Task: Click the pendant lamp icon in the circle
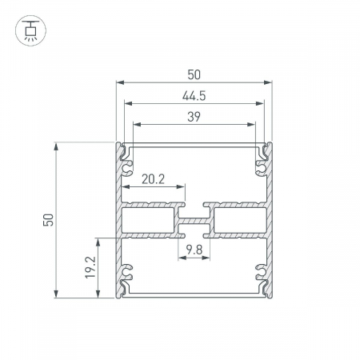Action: [x=30, y=30]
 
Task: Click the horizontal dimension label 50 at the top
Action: [x=194, y=74]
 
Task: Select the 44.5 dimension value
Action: [x=194, y=96]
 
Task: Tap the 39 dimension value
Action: [x=194, y=117]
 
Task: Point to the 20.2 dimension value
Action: [x=153, y=179]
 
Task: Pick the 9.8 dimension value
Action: [x=194, y=250]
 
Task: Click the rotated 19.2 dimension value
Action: [x=90, y=267]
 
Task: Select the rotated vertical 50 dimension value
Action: [x=49, y=220]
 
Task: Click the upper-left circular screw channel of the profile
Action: [x=126, y=168]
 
